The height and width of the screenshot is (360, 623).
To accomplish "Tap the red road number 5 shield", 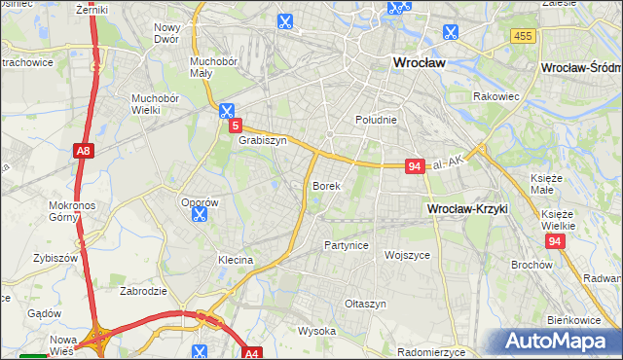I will point(235,126).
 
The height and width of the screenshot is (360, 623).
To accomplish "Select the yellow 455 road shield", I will point(522,36).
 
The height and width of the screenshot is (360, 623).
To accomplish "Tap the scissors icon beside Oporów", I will point(200,214).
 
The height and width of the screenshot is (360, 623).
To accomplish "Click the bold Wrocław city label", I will point(418,62).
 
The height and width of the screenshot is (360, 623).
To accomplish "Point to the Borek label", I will point(325,185).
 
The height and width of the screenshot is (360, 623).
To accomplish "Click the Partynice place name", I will point(347,245).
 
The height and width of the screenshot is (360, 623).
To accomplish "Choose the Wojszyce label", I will point(407,255).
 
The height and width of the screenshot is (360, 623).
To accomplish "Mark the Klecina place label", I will point(236,261).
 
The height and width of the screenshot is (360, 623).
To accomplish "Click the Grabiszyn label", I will point(262,140).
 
